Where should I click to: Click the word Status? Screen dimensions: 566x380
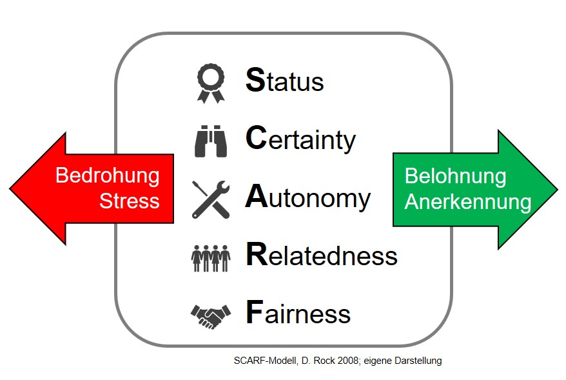284,80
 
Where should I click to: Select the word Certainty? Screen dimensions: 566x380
300,139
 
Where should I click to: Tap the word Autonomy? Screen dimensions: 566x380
308,197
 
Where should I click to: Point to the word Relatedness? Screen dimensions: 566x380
322,254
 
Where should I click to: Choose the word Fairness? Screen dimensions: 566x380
298,312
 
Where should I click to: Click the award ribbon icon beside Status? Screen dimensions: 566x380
211,83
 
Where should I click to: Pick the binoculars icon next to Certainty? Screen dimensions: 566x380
211,141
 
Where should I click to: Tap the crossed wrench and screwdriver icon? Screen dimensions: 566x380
211,199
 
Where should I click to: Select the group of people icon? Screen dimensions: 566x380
211,258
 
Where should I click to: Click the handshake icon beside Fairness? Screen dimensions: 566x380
211,316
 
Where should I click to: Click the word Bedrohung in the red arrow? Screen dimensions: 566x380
107,176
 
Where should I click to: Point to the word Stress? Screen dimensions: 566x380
129,201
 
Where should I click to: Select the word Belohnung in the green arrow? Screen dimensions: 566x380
456,176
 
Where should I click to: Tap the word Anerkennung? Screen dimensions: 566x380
468,201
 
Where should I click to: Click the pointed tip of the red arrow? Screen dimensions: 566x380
10,188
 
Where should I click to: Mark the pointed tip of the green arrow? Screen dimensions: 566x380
558,189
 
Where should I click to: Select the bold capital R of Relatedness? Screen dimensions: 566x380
257,254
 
